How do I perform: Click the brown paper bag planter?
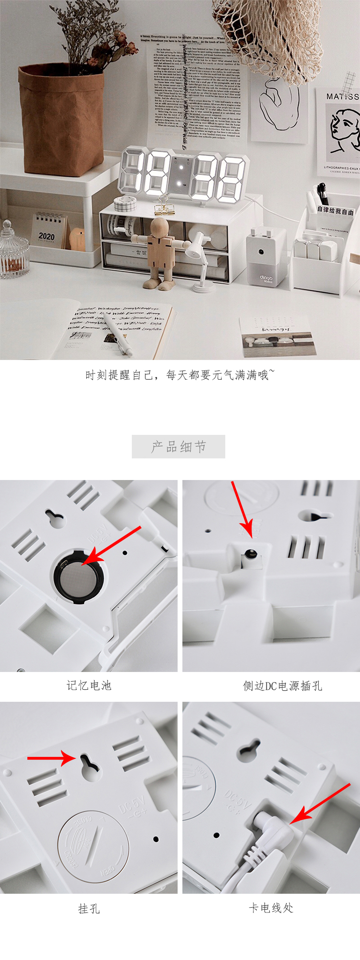[x=61, y=120]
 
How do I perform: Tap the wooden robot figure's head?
[x=159, y=227]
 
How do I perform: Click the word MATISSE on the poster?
[x=342, y=96]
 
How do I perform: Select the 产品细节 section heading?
[x=179, y=447]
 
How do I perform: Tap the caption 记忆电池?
[x=89, y=685]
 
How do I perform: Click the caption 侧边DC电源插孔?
[x=282, y=686]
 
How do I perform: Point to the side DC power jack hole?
[x=249, y=554]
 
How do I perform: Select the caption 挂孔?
[x=89, y=909]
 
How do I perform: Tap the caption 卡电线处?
[x=271, y=908]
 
